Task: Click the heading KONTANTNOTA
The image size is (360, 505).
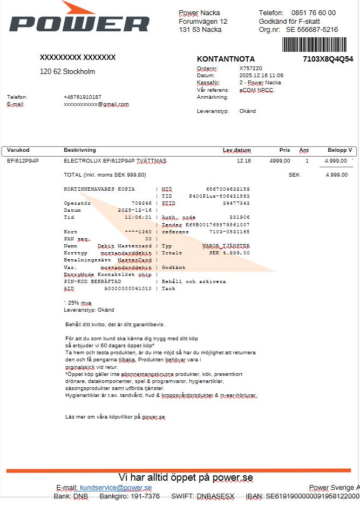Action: coord(226,59)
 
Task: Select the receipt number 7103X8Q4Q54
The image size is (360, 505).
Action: coord(328,59)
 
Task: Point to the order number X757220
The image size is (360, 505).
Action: coord(250,69)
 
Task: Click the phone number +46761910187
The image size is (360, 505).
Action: coord(82,97)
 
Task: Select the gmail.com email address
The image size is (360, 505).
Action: coord(96,104)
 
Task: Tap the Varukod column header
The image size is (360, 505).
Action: coord(18,150)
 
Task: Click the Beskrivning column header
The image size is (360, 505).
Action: coord(79,150)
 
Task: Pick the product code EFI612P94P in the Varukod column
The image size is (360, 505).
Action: coord(23,161)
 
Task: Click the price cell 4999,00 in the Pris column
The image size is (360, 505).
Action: coord(280,161)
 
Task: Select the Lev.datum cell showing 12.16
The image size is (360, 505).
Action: coord(243,161)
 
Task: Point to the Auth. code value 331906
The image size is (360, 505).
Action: coord(239,217)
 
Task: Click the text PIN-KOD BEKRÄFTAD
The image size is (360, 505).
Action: coord(92,281)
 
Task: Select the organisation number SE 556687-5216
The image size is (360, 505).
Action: coord(311,30)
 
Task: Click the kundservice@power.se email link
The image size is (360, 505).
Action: coord(116,488)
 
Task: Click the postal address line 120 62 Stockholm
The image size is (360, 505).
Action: coord(67,71)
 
